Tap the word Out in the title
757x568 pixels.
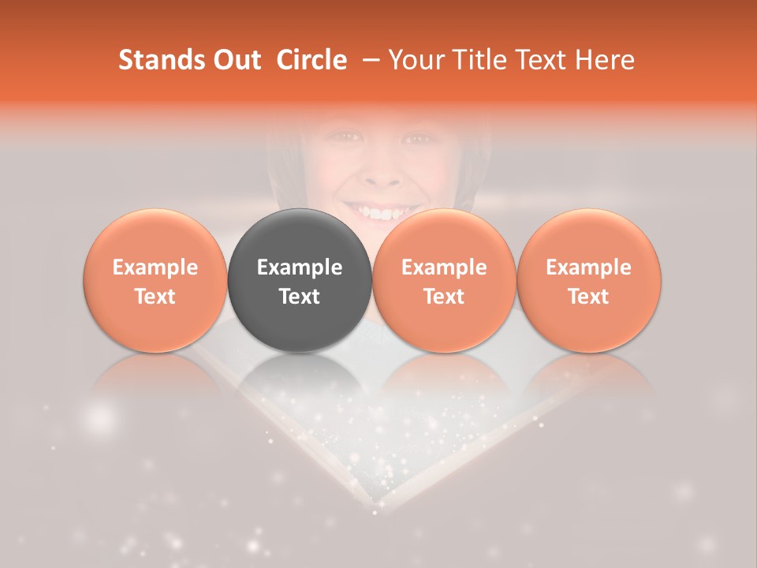[236, 60]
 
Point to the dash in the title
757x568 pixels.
[369, 60]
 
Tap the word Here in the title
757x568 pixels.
[605, 60]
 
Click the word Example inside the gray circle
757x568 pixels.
[300, 267]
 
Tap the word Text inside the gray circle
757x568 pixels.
[300, 297]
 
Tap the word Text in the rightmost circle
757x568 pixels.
[589, 297]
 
